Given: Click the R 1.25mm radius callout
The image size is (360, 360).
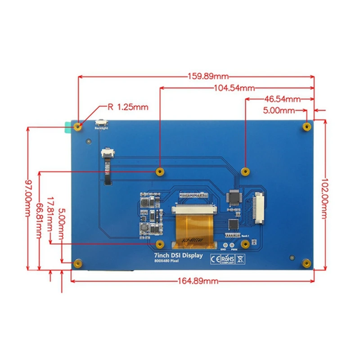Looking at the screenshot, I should (x=127, y=107).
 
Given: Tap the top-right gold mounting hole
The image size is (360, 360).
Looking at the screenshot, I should (x=306, y=126).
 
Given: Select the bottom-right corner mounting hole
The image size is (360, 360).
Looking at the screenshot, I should (x=306, y=263).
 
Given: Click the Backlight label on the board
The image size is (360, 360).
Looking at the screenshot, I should (x=102, y=129).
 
